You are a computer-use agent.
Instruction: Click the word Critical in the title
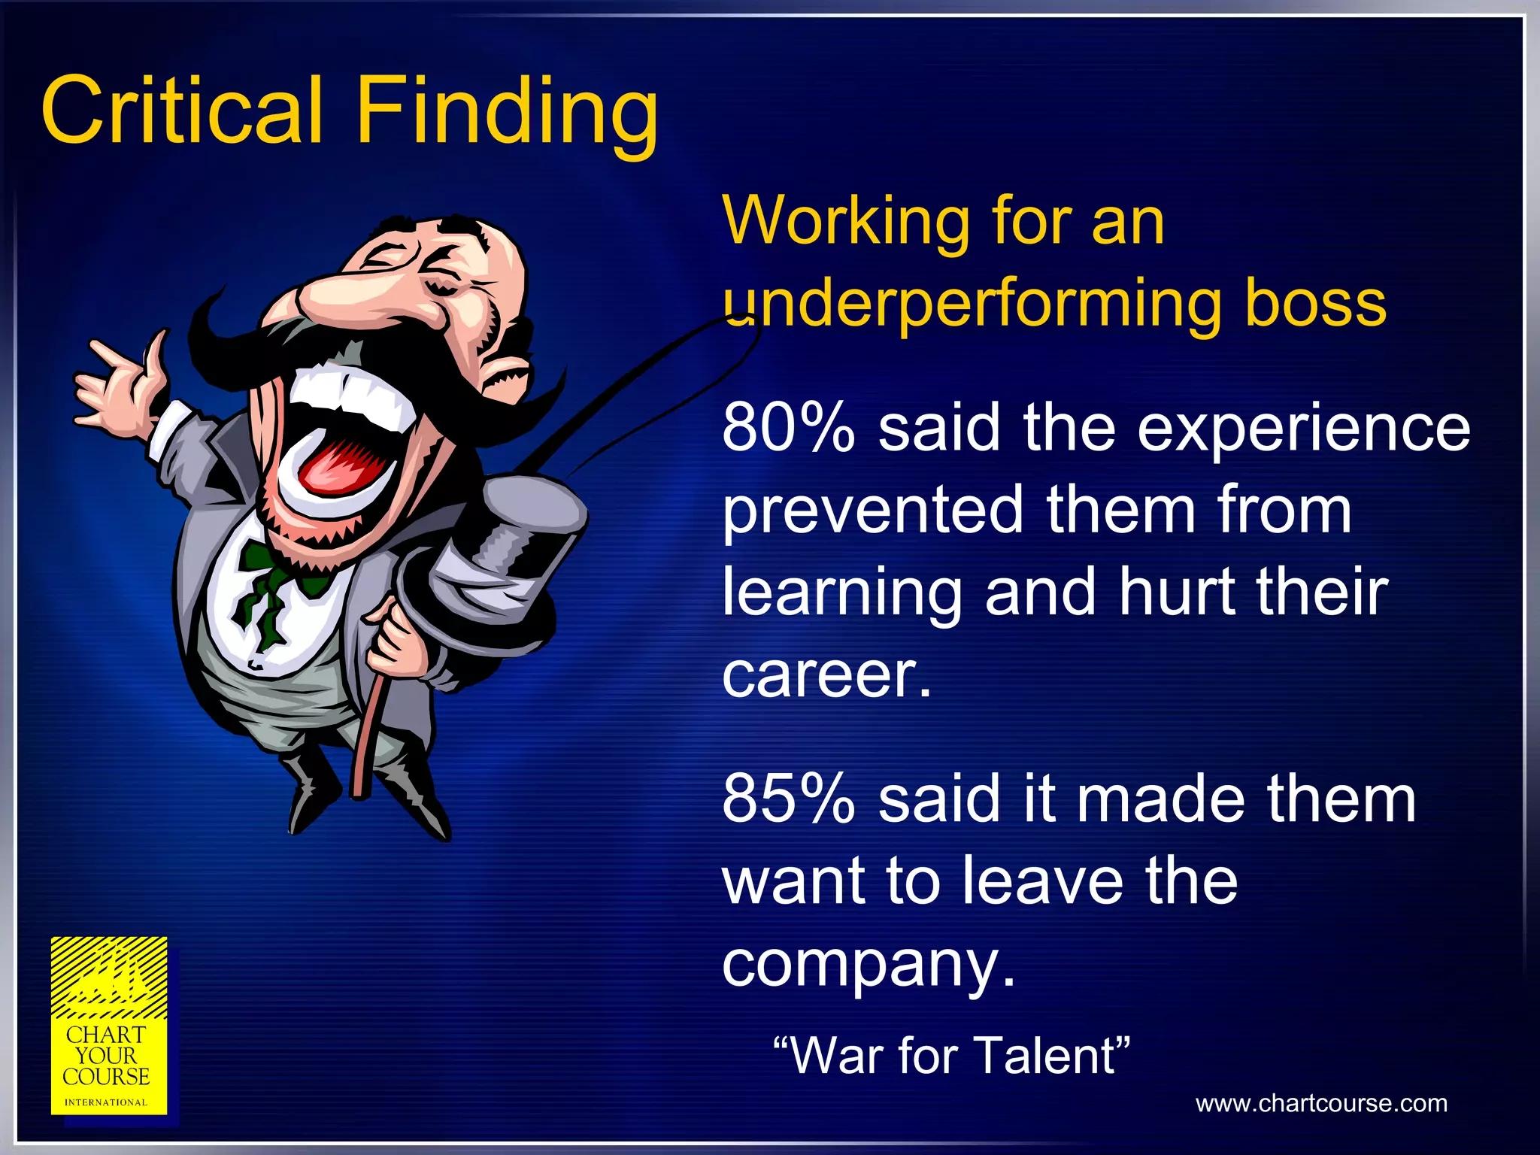(183, 111)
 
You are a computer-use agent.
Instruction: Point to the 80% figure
(788, 429)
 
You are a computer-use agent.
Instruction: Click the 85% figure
(788, 799)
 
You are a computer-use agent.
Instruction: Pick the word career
(826, 675)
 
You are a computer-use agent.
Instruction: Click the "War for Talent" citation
(951, 1055)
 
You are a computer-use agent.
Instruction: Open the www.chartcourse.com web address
(1321, 1103)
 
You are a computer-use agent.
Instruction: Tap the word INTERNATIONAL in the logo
(106, 1102)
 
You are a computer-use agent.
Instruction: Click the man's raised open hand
(120, 383)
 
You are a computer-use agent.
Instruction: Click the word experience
(1303, 429)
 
